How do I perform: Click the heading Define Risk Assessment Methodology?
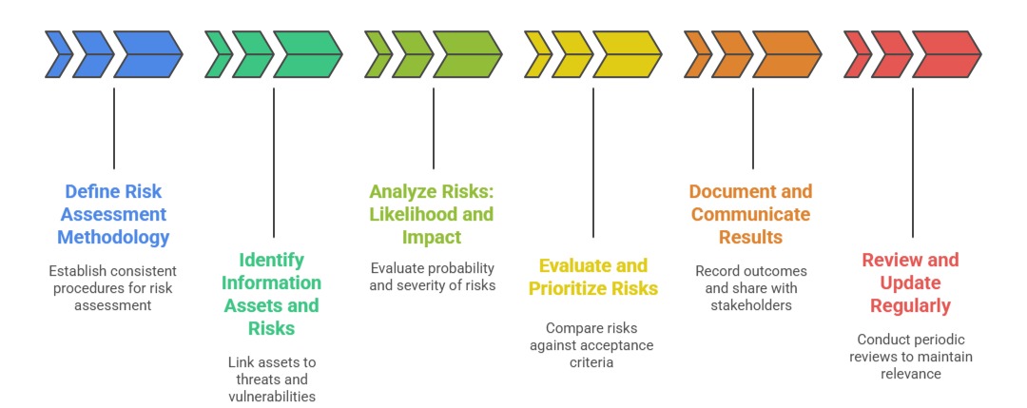click(x=113, y=214)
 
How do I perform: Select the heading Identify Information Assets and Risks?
click(x=273, y=294)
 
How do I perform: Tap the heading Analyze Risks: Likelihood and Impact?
click(x=433, y=214)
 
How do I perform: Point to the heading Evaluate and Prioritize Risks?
click(x=592, y=277)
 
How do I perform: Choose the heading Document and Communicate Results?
click(x=751, y=214)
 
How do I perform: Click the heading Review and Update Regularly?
click(x=911, y=282)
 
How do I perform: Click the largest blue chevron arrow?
click(x=147, y=54)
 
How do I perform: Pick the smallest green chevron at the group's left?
click(x=219, y=54)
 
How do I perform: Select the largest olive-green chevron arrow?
click(x=467, y=54)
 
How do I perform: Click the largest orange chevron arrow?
click(x=786, y=54)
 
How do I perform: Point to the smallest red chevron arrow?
click(x=857, y=54)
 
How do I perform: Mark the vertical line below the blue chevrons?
click(x=114, y=128)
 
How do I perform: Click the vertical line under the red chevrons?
click(x=913, y=162)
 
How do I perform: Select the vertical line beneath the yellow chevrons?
click(x=593, y=162)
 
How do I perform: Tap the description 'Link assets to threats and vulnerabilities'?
click(x=273, y=379)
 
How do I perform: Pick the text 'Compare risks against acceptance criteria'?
click(x=592, y=345)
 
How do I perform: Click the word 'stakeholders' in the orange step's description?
click(x=751, y=305)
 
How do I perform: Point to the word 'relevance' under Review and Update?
click(x=911, y=374)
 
